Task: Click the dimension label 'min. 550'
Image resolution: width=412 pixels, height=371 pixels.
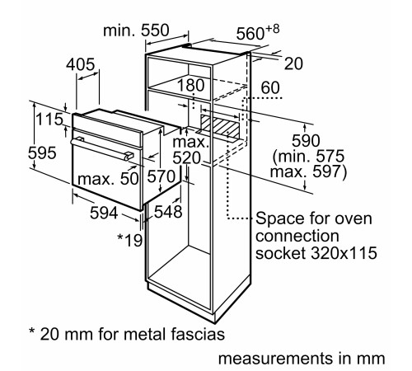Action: [x=137, y=30]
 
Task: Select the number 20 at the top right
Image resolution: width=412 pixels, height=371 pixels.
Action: [x=293, y=63]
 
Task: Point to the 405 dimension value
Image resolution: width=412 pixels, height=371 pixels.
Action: [x=82, y=64]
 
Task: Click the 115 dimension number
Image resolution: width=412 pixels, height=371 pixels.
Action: [x=50, y=120]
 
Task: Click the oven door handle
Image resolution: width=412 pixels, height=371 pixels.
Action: [x=101, y=148]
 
